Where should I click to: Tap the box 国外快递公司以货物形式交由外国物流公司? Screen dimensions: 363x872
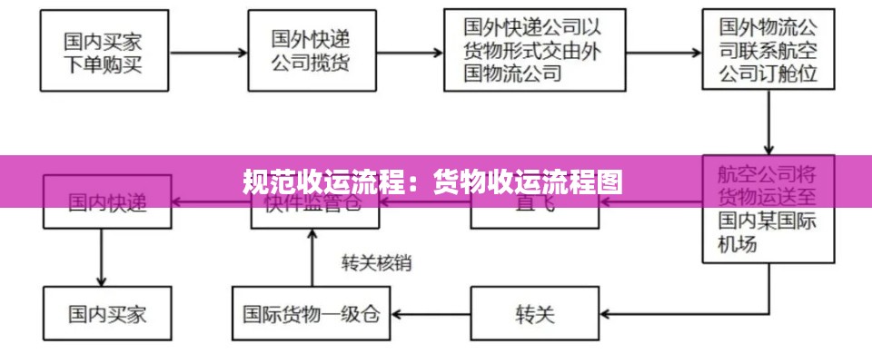point(534,51)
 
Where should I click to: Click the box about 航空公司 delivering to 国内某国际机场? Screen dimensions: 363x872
point(768,209)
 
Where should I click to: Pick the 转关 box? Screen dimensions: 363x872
point(534,315)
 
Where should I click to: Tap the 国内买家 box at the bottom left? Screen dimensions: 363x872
point(106,315)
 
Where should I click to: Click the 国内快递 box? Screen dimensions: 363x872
point(106,201)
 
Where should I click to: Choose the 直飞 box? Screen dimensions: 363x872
point(534,201)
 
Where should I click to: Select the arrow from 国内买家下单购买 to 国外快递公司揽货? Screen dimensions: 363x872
point(208,53)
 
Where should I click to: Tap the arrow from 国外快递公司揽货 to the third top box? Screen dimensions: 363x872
point(411,53)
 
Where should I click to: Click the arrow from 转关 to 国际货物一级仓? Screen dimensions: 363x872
point(430,315)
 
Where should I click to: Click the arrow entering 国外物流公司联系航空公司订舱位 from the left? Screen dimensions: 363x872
point(663,52)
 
